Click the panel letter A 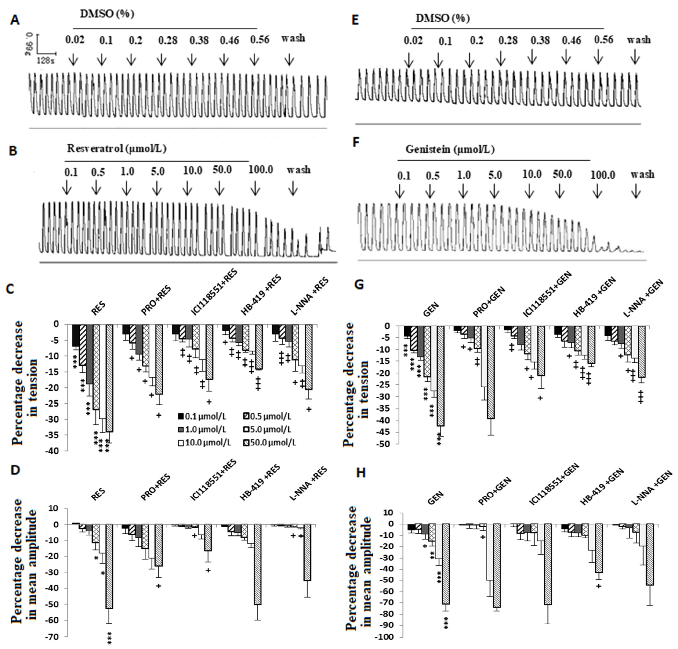point(15,21)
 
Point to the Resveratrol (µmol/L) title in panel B point(117,149)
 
